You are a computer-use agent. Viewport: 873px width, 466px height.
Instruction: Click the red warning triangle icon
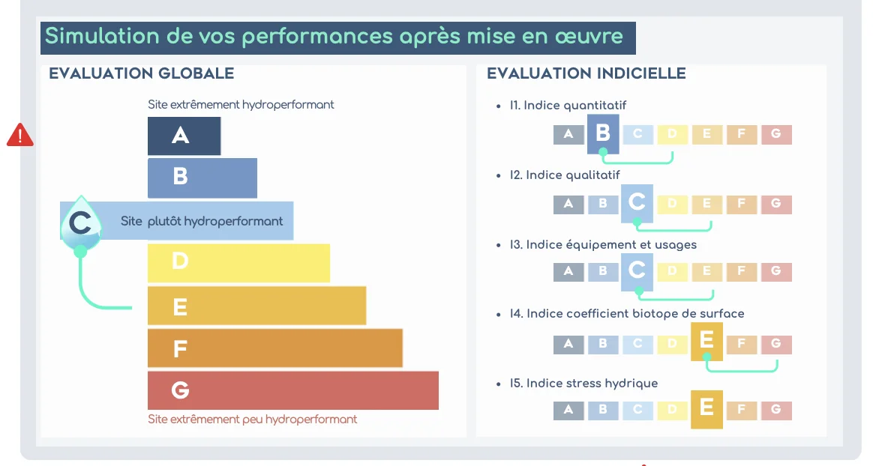(x=19, y=135)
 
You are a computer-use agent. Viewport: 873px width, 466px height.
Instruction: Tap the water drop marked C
(x=80, y=223)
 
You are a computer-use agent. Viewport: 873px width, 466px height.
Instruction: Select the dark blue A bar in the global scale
(x=184, y=136)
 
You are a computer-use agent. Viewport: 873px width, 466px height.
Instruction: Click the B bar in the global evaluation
(x=202, y=178)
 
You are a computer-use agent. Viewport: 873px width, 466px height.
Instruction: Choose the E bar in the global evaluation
(x=256, y=306)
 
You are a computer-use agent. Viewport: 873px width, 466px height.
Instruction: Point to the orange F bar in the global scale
(x=274, y=348)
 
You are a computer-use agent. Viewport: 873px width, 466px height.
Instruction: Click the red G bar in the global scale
(x=292, y=390)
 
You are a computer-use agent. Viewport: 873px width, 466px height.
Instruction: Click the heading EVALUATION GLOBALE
(x=141, y=73)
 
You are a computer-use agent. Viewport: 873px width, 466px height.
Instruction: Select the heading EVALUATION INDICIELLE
(x=586, y=73)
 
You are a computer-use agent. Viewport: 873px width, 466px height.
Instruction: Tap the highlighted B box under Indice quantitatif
(x=603, y=134)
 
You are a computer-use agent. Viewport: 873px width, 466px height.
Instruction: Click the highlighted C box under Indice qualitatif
(x=637, y=203)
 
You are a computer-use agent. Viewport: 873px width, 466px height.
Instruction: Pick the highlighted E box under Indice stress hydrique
(x=706, y=409)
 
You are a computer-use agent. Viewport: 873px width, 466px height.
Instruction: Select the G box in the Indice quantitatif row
(x=776, y=134)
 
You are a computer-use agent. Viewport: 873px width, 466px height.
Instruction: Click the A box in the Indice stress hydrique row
(x=568, y=410)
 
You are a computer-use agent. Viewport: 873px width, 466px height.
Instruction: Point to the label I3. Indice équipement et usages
(x=603, y=245)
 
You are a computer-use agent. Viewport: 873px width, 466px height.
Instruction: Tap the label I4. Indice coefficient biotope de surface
(x=627, y=314)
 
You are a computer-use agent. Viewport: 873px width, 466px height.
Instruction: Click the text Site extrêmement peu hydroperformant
(x=252, y=420)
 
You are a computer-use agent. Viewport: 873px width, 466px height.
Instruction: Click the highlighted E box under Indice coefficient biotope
(x=706, y=341)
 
